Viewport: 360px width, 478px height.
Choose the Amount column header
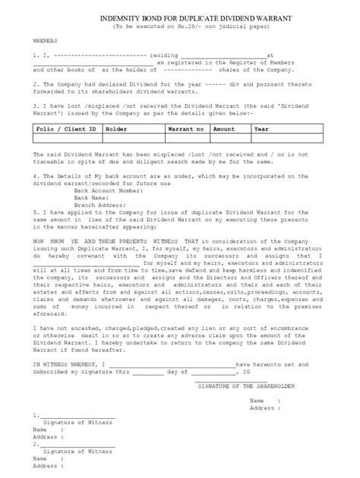(224, 130)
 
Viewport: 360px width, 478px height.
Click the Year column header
(262, 130)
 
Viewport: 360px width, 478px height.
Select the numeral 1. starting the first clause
(36, 55)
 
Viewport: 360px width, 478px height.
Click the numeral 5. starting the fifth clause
(36, 213)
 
